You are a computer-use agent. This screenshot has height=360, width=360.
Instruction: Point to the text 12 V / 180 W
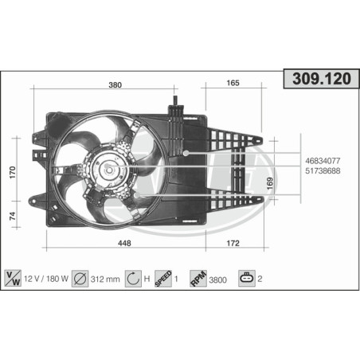(x=47, y=279)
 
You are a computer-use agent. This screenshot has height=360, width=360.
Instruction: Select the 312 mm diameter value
(x=106, y=279)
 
